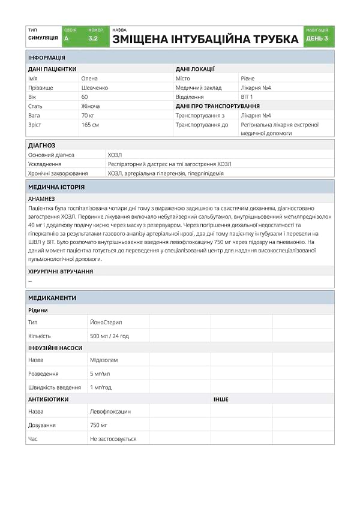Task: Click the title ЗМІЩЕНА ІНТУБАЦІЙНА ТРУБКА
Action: (x=205, y=39)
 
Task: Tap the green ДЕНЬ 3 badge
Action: (x=317, y=38)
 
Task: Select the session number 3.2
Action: (x=93, y=38)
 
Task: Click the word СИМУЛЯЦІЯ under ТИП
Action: (x=43, y=38)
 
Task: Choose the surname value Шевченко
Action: (x=94, y=88)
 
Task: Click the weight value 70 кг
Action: (x=88, y=115)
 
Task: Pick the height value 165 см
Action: (x=90, y=125)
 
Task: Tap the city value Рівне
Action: (x=247, y=79)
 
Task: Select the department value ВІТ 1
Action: (x=247, y=97)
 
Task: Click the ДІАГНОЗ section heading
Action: (x=42, y=145)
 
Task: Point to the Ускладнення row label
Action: (x=45, y=164)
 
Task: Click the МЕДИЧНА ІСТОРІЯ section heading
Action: (x=56, y=187)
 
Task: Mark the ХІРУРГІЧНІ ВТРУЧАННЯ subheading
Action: (x=61, y=272)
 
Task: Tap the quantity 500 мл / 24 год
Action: (x=109, y=336)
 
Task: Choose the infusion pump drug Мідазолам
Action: (x=104, y=360)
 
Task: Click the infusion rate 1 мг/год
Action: (x=101, y=387)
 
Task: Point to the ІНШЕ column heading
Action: (x=220, y=399)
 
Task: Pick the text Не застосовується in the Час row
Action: (x=113, y=439)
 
